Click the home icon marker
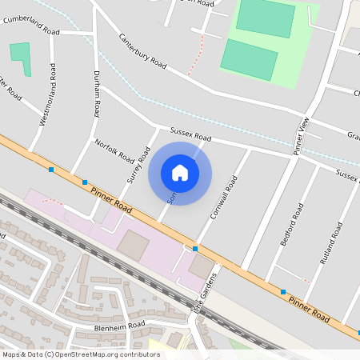click(x=180, y=173)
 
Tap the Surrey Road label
click(x=138, y=165)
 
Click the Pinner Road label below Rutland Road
click(x=308, y=306)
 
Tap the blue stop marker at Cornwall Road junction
click(x=195, y=249)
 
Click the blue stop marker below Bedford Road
click(x=283, y=291)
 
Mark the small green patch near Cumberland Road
click(x=21, y=58)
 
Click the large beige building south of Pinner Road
click(x=133, y=245)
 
